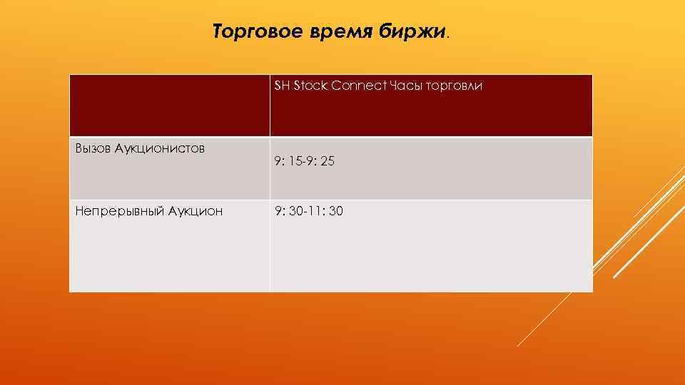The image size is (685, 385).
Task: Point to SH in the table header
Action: pyautogui.click(x=281, y=86)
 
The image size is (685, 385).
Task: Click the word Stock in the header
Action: pyautogui.click(x=308, y=86)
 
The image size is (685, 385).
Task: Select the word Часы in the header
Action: pyautogui.click(x=405, y=86)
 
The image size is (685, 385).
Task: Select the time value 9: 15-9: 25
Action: pyautogui.click(x=304, y=163)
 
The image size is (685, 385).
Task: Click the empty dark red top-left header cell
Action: pyautogui.click(x=169, y=106)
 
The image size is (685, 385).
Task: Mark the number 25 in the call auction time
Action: pyautogui.click(x=328, y=163)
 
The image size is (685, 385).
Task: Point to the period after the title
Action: pyautogui.click(x=449, y=36)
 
